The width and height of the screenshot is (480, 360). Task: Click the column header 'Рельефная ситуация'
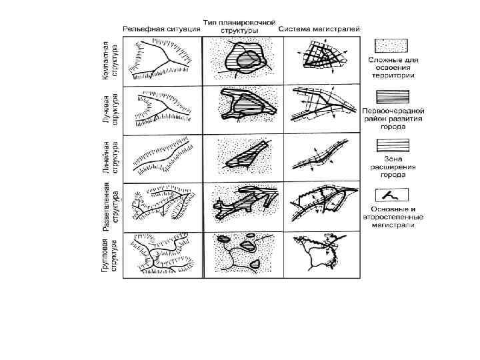(161, 29)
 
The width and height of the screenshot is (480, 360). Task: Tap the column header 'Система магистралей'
(319, 29)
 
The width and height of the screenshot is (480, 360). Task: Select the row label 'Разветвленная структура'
(111, 205)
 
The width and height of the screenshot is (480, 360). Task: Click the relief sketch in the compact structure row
(161, 59)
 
